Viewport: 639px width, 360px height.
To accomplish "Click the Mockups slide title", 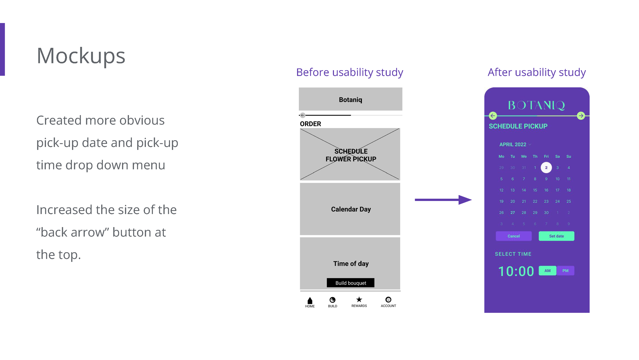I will pyautogui.click(x=81, y=56).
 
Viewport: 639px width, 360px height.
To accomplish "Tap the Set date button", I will pyautogui.click(x=556, y=236).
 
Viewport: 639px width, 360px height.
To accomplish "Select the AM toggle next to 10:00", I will pyautogui.click(x=547, y=271).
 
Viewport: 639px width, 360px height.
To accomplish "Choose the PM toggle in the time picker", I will pyautogui.click(x=565, y=271).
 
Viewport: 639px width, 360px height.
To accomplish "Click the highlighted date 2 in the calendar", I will pyautogui.click(x=546, y=168).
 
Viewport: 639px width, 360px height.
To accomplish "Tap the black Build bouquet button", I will pyautogui.click(x=350, y=283).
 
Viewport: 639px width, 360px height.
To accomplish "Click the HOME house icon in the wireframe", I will pyautogui.click(x=310, y=301).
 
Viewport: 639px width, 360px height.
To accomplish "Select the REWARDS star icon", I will pyautogui.click(x=359, y=300).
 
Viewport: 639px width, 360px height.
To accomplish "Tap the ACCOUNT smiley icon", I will pyautogui.click(x=388, y=300).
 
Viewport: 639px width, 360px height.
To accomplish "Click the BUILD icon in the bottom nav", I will pyautogui.click(x=333, y=300).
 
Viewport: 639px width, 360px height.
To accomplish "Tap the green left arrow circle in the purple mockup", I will pyautogui.click(x=493, y=116).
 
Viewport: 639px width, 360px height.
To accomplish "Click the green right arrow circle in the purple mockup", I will pyautogui.click(x=581, y=116).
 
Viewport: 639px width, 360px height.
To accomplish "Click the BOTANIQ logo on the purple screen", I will pyautogui.click(x=537, y=105).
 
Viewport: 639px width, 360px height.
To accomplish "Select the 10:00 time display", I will pyautogui.click(x=516, y=271).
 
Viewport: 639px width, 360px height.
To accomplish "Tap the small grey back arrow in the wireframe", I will pyautogui.click(x=303, y=115).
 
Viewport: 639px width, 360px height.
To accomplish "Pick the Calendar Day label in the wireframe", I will pyautogui.click(x=351, y=209).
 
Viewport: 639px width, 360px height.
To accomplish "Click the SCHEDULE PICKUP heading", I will pyautogui.click(x=518, y=126).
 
